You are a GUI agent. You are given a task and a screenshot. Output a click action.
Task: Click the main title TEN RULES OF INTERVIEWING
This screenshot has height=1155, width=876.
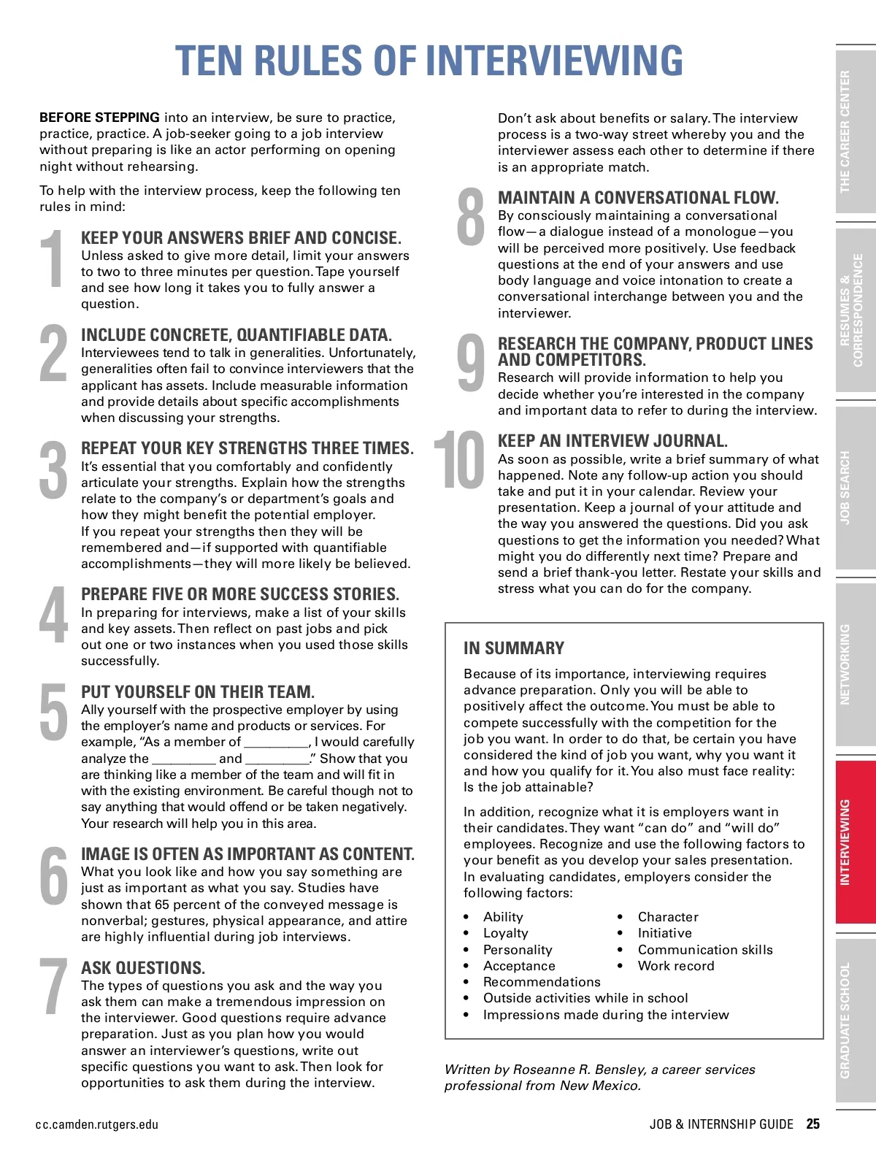pyautogui.click(x=429, y=61)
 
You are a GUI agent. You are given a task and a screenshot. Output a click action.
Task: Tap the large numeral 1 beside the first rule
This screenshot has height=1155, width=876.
pyautogui.click(x=53, y=259)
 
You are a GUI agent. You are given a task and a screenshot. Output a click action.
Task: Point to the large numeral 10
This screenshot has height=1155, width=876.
pyautogui.click(x=459, y=460)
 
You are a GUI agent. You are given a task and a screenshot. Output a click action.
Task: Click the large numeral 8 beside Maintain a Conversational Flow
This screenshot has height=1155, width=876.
pyautogui.click(x=471, y=217)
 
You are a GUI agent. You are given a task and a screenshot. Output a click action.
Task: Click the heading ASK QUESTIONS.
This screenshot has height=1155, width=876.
pyautogui.click(x=143, y=968)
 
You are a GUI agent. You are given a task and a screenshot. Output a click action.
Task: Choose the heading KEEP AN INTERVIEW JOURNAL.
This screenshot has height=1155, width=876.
pyautogui.click(x=612, y=441)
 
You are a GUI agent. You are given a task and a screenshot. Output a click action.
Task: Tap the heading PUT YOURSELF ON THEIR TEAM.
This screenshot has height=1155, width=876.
pyautogui.click(x=198, y=692)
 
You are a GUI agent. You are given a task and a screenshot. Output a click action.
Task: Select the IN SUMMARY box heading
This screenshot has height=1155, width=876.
pyautogui.click(x=514, y=648)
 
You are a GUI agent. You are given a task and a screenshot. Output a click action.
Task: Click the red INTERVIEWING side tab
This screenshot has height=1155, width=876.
pyautogui.click(x=854, y=842)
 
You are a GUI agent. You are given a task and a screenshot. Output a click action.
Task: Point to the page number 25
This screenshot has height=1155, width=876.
pyautogui.click(x=813, y=1124)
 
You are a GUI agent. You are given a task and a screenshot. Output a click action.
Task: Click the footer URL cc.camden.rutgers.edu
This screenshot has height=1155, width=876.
pyautogui.click(x=96, y=1124)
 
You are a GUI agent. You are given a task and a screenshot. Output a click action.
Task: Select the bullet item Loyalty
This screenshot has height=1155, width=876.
pyautogui.click(x=505, y=933)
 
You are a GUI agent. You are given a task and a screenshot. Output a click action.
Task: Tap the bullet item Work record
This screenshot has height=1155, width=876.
pyautogui.click(x=676, y=966)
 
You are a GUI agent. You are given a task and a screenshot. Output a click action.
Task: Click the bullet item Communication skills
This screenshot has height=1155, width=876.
pyautogui.click(x=705, y=950)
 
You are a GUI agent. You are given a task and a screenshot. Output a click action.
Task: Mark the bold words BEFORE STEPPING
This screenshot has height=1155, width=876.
pyautogui.click(x=99, y=118)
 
